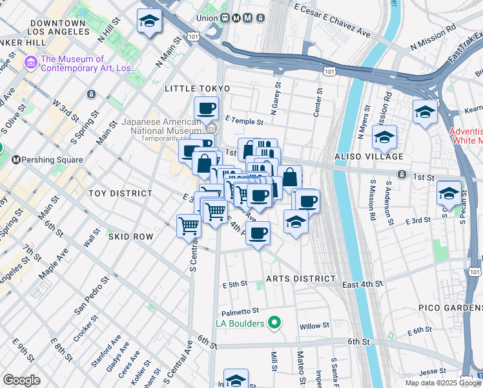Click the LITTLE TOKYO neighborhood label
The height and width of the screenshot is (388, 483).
point(197,88)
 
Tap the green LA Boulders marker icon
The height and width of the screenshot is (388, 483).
point(274,322)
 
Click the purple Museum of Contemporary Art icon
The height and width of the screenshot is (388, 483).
point(30,63)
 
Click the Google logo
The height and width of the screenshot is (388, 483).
point(22,380)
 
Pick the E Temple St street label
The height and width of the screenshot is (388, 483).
point(245,121)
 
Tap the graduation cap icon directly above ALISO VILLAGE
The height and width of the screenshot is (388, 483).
point(384,136)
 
